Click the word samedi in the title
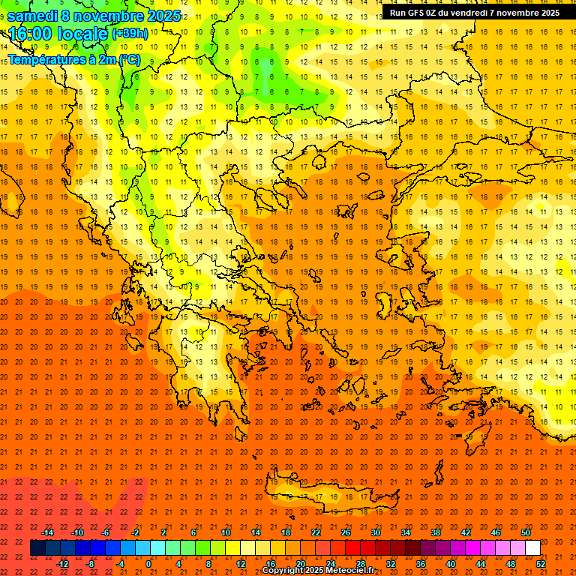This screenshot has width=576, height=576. (32, 16)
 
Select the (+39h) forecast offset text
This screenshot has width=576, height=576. (130, 34)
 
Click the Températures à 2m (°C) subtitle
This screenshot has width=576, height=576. (73, 58)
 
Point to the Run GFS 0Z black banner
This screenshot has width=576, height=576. (474, 13)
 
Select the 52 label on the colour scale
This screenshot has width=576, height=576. (541, 564)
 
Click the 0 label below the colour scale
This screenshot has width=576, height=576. (148, 564)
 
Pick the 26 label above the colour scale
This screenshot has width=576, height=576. (346, 532)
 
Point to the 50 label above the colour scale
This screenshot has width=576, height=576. (525, 532)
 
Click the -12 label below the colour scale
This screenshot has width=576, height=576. (62, 564)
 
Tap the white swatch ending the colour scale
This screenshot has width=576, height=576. (532, 548)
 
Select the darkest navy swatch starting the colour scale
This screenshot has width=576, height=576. (37, 548)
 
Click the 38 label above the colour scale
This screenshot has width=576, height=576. (436, 532)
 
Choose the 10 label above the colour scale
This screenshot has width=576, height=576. (226, 532)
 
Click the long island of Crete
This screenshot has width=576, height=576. (330, 497)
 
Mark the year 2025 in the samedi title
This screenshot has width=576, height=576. (163, 16)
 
